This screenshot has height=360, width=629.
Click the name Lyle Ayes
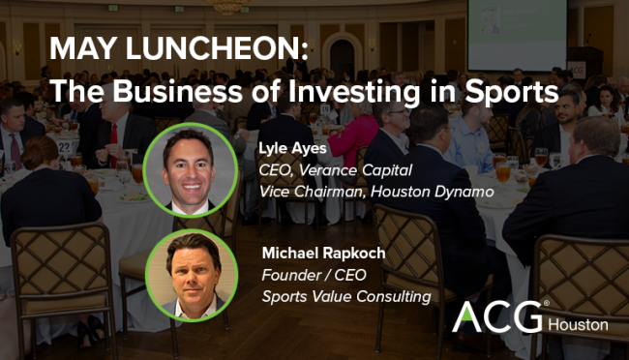click(x=294, y=149)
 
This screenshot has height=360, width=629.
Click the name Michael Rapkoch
click(x=323, y=253)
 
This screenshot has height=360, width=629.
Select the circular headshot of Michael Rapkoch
click(x=193, y=272)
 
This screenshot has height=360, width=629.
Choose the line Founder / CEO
click(x=311, y=274)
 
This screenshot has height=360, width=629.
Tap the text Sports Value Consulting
click(x=345, y=295)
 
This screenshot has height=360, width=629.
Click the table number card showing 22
click(x=65, y=145)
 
